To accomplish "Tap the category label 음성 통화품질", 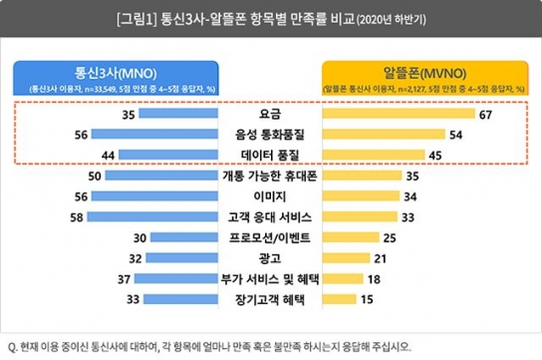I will (271, 135).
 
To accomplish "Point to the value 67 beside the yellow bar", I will (486, 116).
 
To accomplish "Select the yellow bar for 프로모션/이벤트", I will (351, 237).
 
